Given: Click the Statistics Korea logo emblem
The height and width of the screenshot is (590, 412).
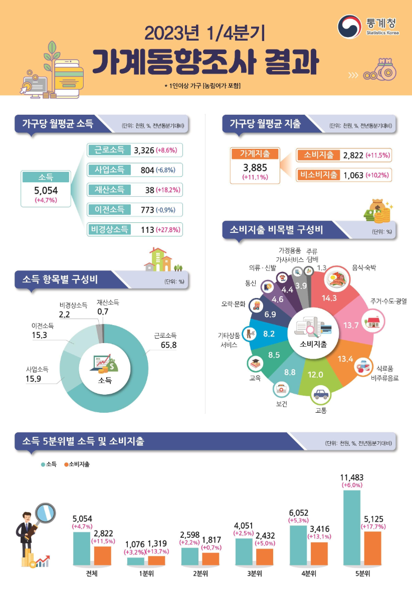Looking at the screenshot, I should click(349, 26).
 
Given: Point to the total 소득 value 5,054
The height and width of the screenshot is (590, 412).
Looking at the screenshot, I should click(46, 190).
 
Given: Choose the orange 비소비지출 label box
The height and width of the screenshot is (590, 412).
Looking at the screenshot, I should click(318, 175).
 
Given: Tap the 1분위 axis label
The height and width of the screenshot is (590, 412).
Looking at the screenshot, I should click(146, 573).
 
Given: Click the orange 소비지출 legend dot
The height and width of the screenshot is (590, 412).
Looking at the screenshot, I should click(66, 465).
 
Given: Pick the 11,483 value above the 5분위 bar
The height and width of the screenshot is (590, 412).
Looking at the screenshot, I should click(352, 477).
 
